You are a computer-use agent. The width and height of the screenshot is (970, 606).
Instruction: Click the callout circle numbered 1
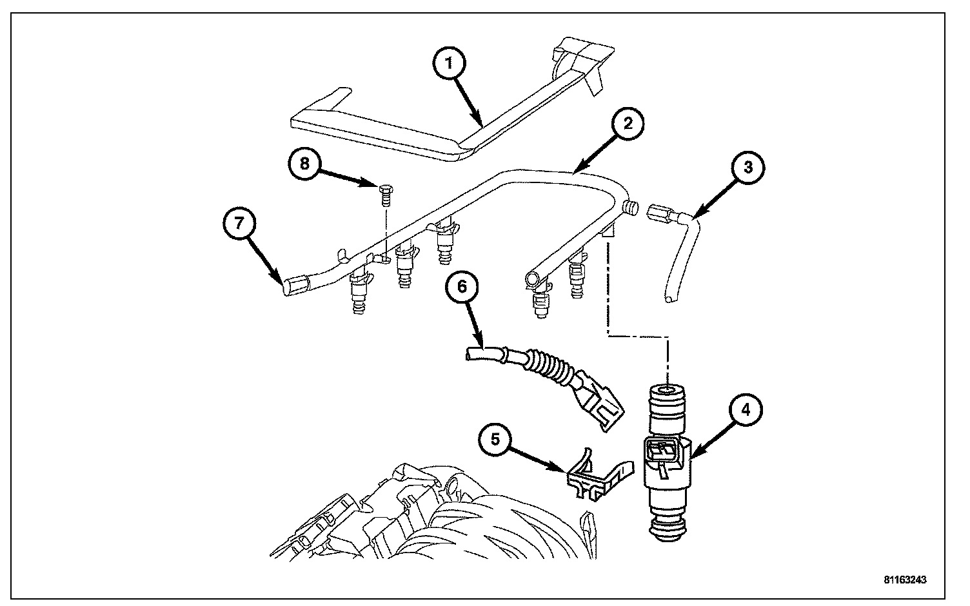pyautogui.click(x=450, y=64)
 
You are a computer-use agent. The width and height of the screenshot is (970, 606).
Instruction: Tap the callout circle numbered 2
pyautogui.click(x=628, y=124)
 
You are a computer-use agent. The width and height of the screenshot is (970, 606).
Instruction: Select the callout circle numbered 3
pyautogui.click(x=748, y=168)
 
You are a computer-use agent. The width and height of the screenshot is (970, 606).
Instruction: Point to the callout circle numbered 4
pyautogui.click(x=746, y=409)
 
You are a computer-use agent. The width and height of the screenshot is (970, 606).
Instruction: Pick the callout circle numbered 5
pyautogui.click(x=495, y=440)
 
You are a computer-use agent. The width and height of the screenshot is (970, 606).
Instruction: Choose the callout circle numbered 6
pyautogui.click(x=462, y=286)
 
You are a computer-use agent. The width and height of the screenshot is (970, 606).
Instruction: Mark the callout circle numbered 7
pyautogui.click(x=239, y=223)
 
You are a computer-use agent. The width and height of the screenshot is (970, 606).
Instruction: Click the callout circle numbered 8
pyautogui.click(x=305, y=164)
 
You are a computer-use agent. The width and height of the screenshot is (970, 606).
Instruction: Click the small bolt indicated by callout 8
pyautogui.click(x=386, y=195)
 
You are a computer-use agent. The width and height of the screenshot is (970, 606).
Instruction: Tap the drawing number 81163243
pyautogui.click(x=905, y=580)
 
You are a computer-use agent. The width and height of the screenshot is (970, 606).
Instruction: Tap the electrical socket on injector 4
pyautogui.click(x=661, y=451)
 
